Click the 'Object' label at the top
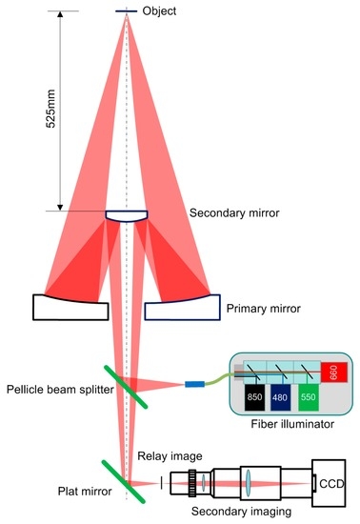(158, 10)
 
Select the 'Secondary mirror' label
(234, 213)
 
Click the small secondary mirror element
(126, 217)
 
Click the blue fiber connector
(194, 385)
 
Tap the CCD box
(330, 482)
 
